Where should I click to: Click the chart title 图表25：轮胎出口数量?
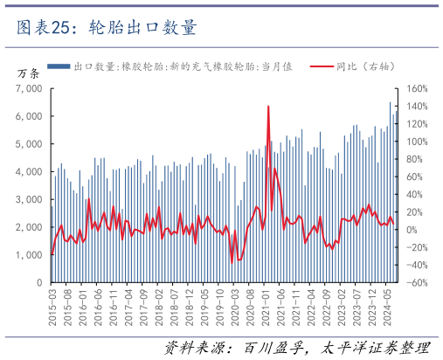tap(106, 27)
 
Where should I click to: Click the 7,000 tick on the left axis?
tap(30, 88)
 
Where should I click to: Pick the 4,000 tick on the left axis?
tap(30, 171)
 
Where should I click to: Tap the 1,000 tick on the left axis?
tap(30, 255)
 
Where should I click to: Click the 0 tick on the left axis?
tap(39, 283)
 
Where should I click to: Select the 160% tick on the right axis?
tap(415, 88)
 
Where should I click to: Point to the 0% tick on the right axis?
tap(411, 230)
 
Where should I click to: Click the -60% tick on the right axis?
tap(415, 283)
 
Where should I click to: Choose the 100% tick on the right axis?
tap(415, 142)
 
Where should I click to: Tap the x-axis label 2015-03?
tap(52, 305)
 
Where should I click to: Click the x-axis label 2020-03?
tap(234, 305)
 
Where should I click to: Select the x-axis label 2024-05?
tap(387, 305)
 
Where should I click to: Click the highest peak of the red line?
tap(267, 107)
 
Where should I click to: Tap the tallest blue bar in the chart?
tap(390, 103)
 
